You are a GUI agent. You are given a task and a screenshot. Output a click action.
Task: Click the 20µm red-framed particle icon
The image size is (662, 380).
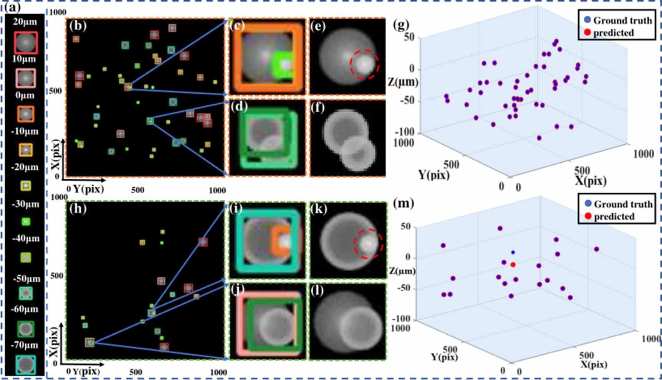click(x=26, y=43)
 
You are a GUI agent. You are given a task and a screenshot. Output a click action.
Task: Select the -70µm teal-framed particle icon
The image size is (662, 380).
click(x=26, y=365)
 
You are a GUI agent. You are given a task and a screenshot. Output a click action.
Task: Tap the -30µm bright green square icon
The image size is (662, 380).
click(x=26, y=221)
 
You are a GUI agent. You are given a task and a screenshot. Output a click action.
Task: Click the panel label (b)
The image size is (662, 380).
click(x=78, y=26)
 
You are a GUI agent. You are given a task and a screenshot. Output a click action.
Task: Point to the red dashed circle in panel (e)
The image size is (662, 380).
click(x=364, y=64)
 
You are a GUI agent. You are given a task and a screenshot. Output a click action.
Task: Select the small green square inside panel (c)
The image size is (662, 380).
click(x=284, y=64)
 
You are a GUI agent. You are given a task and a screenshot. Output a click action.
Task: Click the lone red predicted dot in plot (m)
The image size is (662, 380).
click(x=513, y=265)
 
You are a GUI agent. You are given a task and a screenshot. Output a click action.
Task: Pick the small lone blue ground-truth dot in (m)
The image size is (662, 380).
click(x=513, y=253)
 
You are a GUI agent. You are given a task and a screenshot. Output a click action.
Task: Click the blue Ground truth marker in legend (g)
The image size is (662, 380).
click(x=587, y=20)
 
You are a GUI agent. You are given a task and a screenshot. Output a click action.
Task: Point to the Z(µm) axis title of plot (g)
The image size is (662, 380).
click(x=403, y=82)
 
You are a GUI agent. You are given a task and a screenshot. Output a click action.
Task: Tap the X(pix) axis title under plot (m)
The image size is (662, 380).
click(x=594, y=364)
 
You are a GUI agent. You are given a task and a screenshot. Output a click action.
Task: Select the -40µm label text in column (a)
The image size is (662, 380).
click(x=26, y=238)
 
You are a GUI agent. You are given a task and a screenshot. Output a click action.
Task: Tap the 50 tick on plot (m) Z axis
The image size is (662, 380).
click(x=405, y=226)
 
